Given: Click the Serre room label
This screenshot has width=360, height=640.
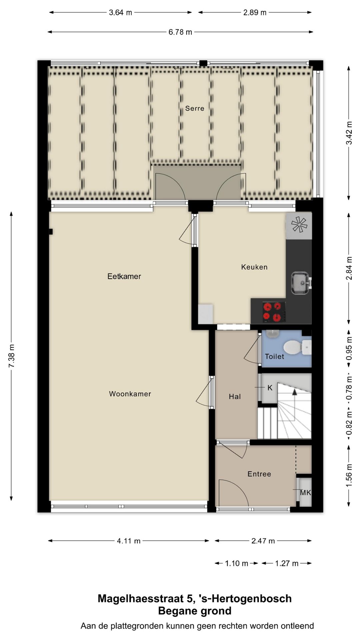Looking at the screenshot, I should (x=195, y=108).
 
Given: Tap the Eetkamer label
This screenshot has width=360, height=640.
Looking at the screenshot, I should (x=124, y=276).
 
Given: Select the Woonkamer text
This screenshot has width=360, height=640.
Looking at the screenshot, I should (x=130, y=394).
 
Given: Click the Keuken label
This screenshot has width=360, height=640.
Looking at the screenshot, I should (x=254, y=267).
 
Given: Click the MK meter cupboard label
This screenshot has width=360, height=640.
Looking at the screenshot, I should (x=305, y=492).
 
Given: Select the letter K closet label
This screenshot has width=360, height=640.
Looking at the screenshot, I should (x=270, y=388).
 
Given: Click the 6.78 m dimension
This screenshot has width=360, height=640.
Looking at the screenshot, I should (x=180, y=32).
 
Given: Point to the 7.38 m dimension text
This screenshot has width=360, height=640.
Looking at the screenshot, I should (x=12, y=356).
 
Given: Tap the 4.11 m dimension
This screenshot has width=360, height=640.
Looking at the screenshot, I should (x=129, y=541).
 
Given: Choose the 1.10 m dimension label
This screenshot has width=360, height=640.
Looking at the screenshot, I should (x=236, y=563).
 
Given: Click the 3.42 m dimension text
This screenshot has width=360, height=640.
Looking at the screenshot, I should (x=349, y=133).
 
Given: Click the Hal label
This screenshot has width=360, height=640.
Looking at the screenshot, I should (x=235, y=397).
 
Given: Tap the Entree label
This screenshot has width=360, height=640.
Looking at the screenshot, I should (x=259, y=474).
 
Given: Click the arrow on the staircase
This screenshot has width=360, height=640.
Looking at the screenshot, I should (x=295, y=393).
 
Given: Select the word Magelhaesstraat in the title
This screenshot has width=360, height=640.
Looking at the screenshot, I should (x=140, y=598).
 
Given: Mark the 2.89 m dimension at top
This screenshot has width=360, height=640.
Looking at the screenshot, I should (x=255, y=13).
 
